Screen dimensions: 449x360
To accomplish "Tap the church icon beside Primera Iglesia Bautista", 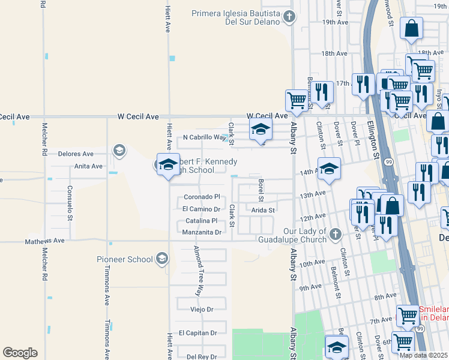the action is point(289,17).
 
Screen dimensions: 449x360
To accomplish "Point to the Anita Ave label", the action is point(88,166).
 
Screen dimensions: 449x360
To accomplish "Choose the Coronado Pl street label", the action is point(202,197).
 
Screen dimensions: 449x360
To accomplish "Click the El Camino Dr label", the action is point(201,209).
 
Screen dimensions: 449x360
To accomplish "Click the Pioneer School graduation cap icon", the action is point(161,259).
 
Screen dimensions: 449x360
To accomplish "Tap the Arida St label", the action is point(263,210).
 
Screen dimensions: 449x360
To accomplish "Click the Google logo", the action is point(20,353).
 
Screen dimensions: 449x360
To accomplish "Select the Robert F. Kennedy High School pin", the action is point(168,164).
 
